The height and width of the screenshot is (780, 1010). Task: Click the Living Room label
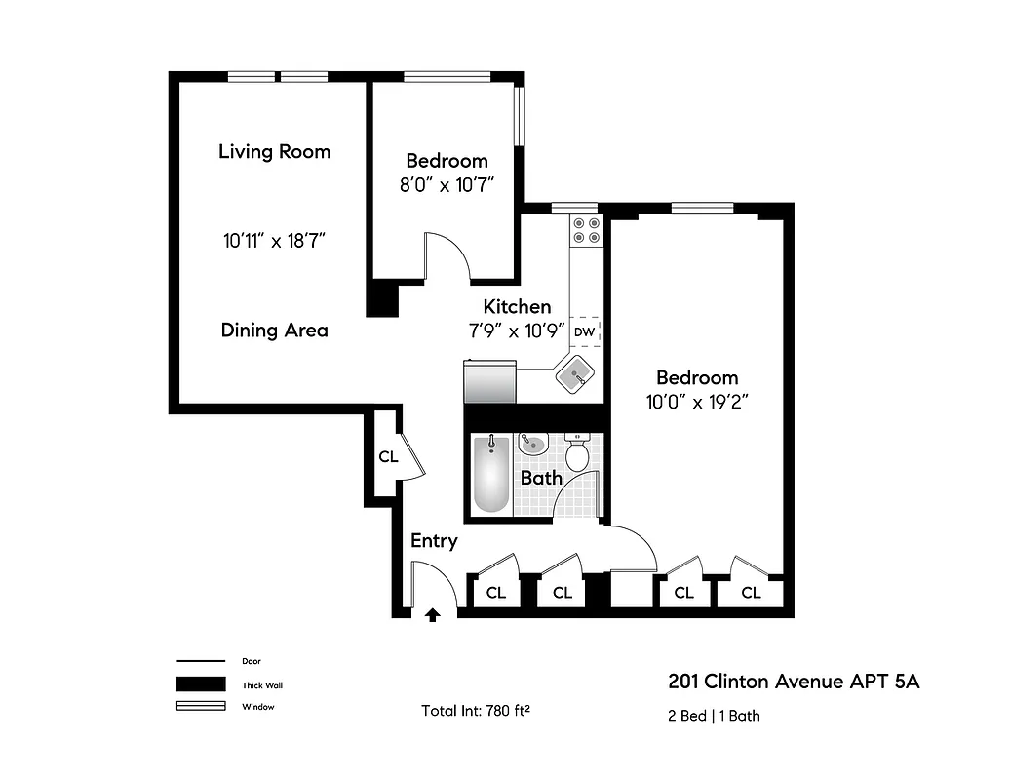(x=274, y=151)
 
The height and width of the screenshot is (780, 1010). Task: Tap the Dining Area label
(x=274, y=330)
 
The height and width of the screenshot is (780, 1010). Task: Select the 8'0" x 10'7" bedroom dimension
(x=447, y=185)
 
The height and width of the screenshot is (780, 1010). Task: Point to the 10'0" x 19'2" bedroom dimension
(x=696, y=402)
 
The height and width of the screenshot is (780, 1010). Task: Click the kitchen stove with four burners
(x=586, y=229)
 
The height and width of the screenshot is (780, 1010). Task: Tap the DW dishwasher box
(x=584, y=331)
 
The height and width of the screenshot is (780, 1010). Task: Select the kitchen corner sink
(x=577, y=372)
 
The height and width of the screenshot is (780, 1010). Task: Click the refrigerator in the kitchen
(x=489, y=381)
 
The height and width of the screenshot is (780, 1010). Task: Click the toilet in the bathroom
(x=577, y=452)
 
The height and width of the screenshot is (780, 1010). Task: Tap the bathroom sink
(x=533, y=444)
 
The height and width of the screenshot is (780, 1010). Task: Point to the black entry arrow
(x=432, y=613)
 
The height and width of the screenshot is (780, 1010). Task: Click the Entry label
(x=434, y=540)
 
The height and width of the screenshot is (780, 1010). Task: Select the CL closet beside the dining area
(x=388, y=456)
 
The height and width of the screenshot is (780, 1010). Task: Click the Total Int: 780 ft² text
(x=476, y=709)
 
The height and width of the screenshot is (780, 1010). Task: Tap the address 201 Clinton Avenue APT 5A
(x=793, y=681)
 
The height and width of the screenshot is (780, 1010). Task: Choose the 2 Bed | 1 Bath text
(x=714, y=716)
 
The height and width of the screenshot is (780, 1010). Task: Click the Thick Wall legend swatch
(x=200, y=684)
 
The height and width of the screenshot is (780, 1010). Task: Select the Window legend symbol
(x=200, y=707)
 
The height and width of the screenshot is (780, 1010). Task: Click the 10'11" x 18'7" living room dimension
(x=274, y=240)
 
